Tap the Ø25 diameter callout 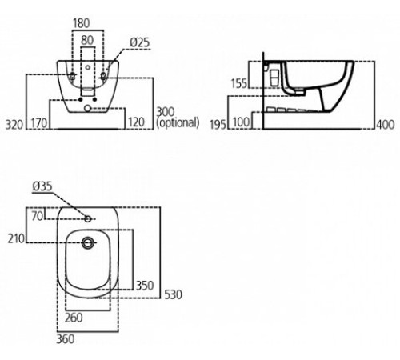pos(138,42)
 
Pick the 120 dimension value pos(137,123)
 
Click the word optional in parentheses pos(178,123)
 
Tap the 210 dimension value pos(16,238)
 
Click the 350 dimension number pos(144,285)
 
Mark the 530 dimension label pos(173,295)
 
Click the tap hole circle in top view pos(87,218)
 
